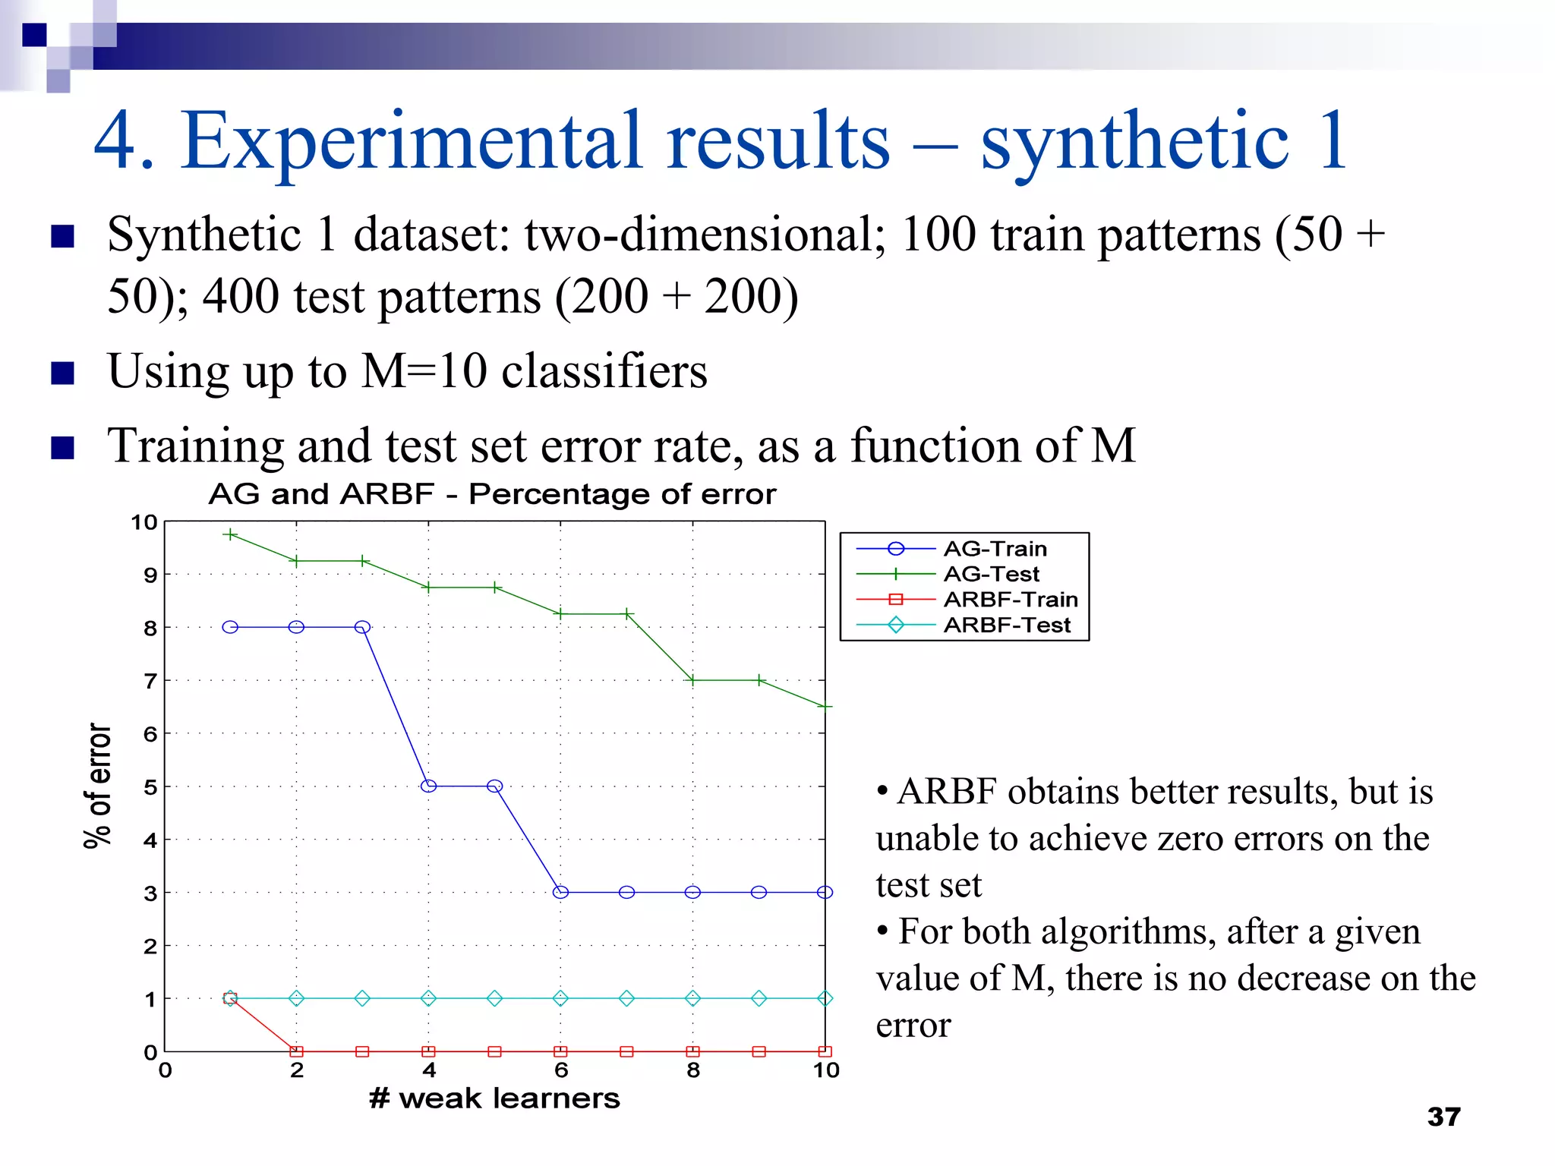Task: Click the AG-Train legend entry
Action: pyautogui.click(x=995, y=549)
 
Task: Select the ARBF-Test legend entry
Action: pyautogui.click(x=1006, y=626)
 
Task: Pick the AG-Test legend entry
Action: pyautogui.click(x=991, y=575)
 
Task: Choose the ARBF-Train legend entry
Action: pyautogui.click(x=1010, y=600)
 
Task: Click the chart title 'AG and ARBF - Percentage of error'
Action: pyautogui.click(x=492, y=494)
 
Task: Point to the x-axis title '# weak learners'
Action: pyautogui.click(x=494, y=1098)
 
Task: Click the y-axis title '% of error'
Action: pyautogui.click(x=98, y=786)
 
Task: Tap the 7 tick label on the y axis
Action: pyautogui.click(x=150, y=681)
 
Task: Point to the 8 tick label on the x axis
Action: pyautogui.click(x=692, y=1071)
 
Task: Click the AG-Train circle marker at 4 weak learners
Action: pyautogui.click(x=428, y=786)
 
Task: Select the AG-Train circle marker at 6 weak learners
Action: pyautogui.click(x=560, y=893)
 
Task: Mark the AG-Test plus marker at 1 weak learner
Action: pyautogui.click(x=230, y=534)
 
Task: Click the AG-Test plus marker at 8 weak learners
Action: pyautogui.click(x=692, y=680)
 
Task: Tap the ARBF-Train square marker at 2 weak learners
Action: pyautogui.click(x=296, y=1052)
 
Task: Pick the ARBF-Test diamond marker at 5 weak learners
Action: pyautogui.click(x=494, y=998)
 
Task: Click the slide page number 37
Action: pyautogui.click(x=1443, y=1117)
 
